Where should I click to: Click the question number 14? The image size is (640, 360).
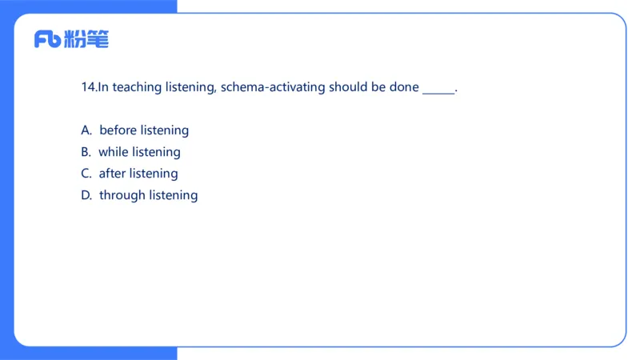coord(88,87)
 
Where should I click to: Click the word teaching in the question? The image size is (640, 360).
coord(137,88)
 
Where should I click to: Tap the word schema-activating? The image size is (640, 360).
coord(273,88)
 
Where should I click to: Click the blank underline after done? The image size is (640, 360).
coord(438,94)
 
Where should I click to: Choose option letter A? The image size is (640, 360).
coord(86,130)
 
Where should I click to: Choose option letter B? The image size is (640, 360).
coord(86,152)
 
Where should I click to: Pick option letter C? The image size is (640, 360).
coord(86,174)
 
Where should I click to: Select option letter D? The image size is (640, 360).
coord(86,195)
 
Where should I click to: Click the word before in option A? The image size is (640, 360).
coord(118,130)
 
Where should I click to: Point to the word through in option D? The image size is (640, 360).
coord(122,196)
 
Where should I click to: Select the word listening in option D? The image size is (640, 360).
coord(173,196)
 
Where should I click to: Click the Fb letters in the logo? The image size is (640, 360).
coord(47,39)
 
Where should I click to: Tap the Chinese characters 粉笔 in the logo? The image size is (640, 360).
coord(86,39)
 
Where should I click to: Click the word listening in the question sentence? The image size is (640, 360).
coord(190,88)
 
